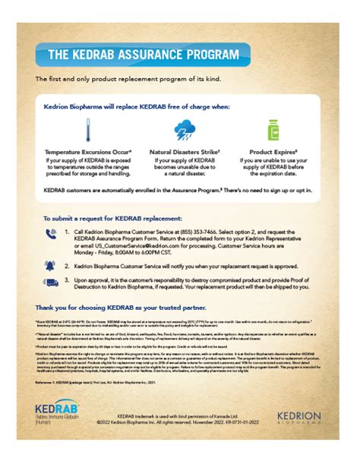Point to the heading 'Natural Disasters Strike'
(181, 152)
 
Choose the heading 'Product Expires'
(273, 152)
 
